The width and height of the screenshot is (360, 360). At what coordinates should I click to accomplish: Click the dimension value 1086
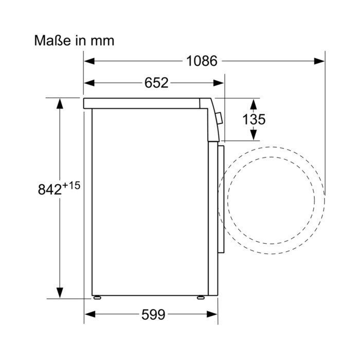202,61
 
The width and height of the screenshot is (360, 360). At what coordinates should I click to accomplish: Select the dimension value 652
156,83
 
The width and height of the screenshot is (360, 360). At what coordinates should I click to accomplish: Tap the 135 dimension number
254,119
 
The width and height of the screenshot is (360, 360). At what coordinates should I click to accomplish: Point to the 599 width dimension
153,314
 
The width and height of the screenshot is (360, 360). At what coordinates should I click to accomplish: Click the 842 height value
50,190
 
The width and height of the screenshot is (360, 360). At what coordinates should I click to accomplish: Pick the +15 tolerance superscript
71,185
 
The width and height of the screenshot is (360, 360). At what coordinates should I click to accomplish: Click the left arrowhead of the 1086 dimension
89,61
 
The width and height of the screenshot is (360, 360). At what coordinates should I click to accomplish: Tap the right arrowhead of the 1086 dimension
319,61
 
